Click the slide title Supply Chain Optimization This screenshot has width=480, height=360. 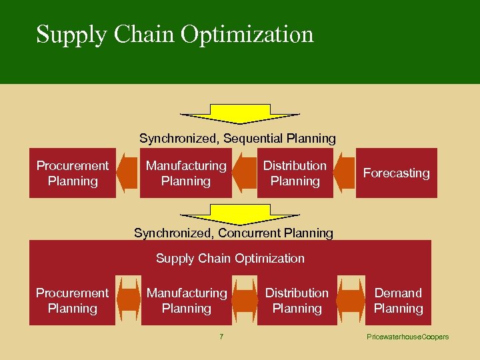coord(175,34)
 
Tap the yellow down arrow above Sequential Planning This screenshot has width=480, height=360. coord(240,114)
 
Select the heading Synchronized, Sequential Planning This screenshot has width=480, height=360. coord(237,139)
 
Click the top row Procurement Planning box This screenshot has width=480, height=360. coord(72,173)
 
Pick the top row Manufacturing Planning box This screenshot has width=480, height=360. coord(186,173)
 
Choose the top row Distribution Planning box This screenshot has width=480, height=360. coord(295,173)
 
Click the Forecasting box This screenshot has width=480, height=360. coord(396,173)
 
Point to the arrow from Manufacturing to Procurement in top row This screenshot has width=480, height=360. coord(127,173)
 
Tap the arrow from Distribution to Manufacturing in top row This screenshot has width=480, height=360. coord(245,173)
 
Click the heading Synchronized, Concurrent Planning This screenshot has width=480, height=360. coord(233,233)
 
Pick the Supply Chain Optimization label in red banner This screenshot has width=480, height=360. coord(230,259)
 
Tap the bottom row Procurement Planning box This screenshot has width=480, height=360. coord(72,301)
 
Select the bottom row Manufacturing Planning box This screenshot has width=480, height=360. coord(187,301)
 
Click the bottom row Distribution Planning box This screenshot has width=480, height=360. coord(297,301)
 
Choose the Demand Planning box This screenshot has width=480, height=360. coord(398,301)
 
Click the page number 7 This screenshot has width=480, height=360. coord(221,337)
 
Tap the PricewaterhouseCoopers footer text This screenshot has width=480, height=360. coord(407,337)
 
